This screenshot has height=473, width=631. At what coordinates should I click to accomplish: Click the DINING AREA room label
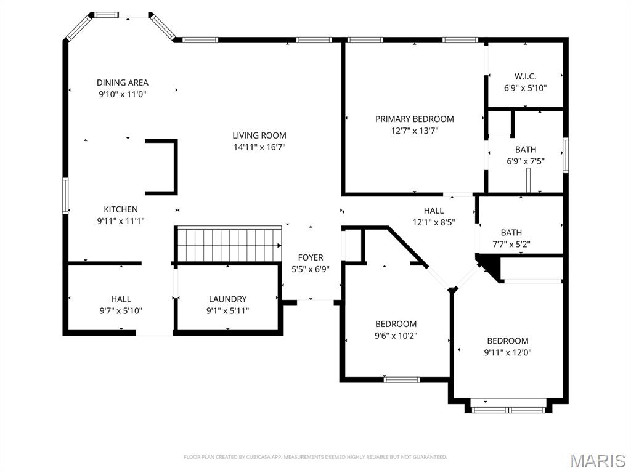point(123,83)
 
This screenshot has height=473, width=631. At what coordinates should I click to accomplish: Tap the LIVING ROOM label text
point(259,135)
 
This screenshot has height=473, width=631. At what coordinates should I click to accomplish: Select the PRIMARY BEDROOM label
point(414,119)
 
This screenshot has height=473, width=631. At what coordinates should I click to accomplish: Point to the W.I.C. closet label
point(525,76)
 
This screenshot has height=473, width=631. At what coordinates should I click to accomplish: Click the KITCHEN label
point(121,209)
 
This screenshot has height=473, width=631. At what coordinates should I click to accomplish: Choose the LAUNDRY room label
point(227,299)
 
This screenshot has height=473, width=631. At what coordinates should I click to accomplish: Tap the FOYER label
point(311,257)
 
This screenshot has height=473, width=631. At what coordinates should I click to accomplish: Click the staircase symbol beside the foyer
point(229,244)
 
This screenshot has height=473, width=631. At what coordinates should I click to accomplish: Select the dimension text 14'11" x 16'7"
point(259,147)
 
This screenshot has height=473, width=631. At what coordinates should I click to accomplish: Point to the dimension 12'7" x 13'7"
point(414,131)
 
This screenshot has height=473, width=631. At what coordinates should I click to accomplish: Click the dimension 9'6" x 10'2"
point(396,336)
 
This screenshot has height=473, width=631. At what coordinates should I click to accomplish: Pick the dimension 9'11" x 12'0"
point(508,353)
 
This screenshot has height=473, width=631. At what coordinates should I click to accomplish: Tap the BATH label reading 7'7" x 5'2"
point(511,232)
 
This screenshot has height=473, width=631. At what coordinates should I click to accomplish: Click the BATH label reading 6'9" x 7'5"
point(526,150)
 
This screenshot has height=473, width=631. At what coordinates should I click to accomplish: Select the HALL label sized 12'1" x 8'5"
point(433,211)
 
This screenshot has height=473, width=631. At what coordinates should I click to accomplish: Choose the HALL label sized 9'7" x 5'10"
point(121,299)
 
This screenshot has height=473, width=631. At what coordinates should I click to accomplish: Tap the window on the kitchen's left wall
point(65,196)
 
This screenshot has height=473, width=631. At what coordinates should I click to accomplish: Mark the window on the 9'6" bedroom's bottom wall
point(402,379)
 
